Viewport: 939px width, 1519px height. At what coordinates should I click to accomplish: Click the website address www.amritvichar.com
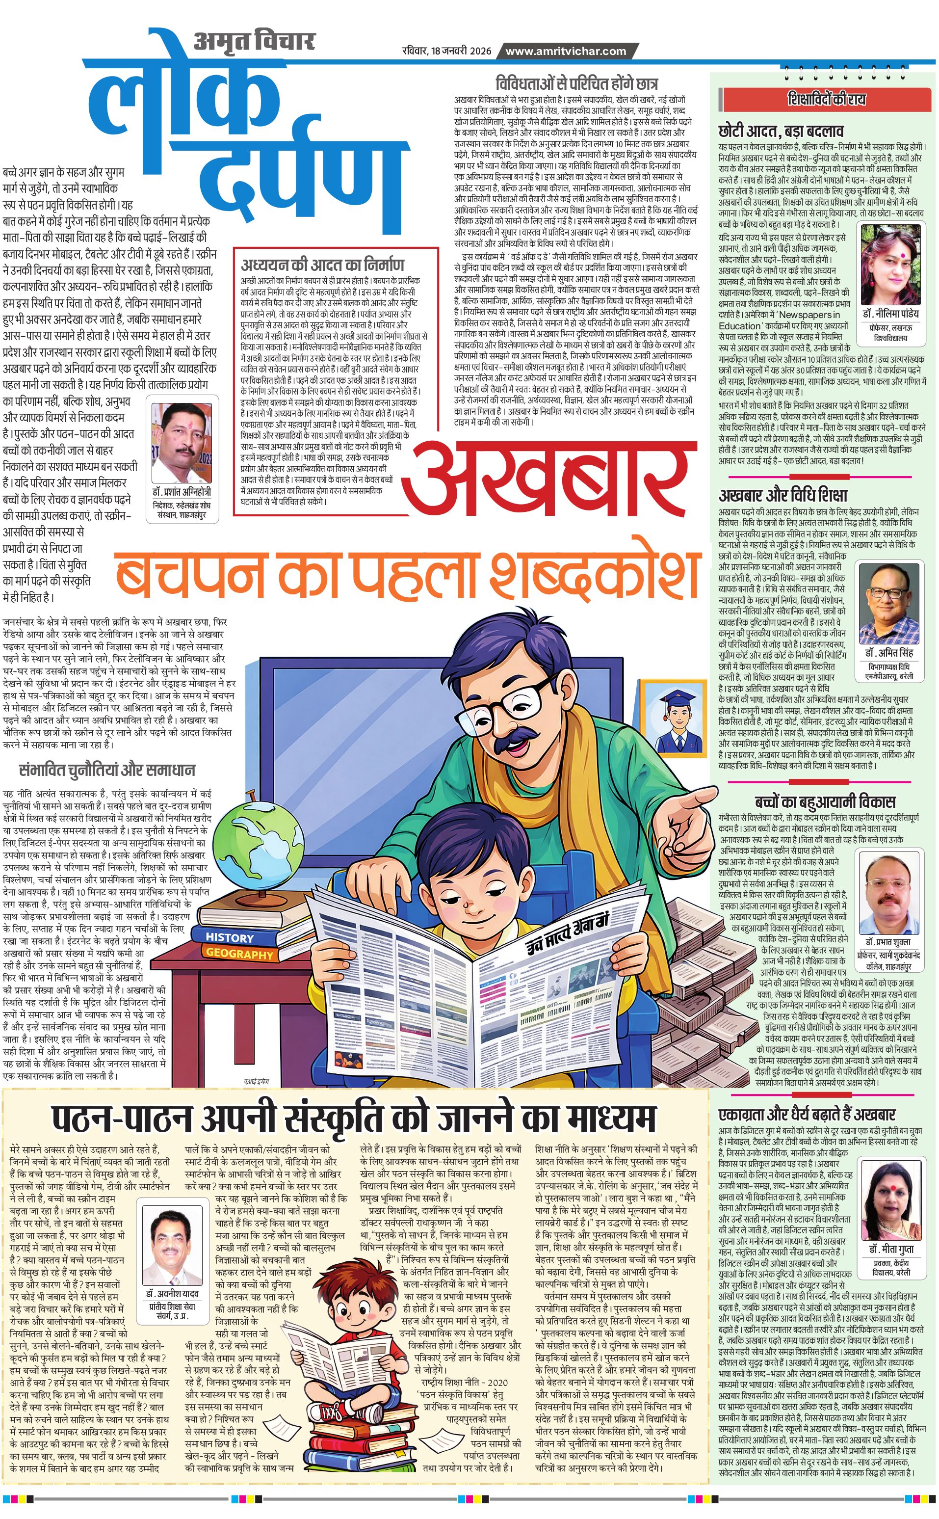(x=565, y=51)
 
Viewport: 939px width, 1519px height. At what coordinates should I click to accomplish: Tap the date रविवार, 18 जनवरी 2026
(x=446, y=51)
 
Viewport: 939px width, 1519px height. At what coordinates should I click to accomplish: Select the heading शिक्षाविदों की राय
(x=826, y=100)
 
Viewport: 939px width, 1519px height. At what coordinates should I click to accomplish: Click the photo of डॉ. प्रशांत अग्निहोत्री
(x=182, y=442)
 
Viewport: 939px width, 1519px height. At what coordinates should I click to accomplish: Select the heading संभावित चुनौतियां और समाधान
(x=107, y=770)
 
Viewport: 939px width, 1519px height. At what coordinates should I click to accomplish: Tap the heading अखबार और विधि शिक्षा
(x=782, y=495)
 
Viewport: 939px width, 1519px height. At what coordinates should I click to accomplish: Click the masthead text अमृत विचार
(x=254, y=42)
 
